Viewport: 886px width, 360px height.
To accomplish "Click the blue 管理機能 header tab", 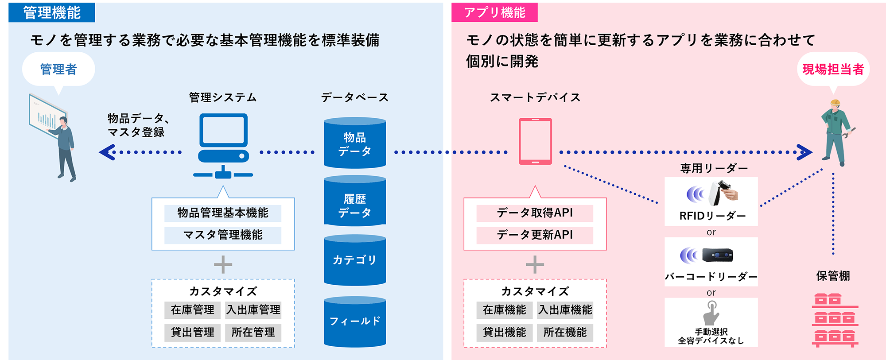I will [51, 12].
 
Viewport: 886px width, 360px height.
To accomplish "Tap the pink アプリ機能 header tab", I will [492, 12].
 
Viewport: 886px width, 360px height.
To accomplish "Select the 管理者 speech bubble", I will [58, 69].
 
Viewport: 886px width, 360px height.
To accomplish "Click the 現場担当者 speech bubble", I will [833, 69].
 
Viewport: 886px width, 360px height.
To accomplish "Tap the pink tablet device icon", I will [535, 141].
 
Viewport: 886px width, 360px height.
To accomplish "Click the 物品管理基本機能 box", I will [223, 213].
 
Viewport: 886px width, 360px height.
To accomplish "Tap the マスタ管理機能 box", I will [223, 235].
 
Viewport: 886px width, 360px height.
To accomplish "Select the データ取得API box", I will [535, 213].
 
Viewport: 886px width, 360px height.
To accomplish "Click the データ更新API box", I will [535, 235].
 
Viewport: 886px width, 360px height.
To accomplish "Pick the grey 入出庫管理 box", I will [253, 310].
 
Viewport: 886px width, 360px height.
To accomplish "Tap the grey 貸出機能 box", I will [505, 332].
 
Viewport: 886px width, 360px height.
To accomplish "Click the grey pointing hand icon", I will [711, 313].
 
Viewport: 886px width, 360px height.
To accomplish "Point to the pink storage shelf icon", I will [835, 320].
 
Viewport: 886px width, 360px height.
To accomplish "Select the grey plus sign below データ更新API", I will [535, 265].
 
